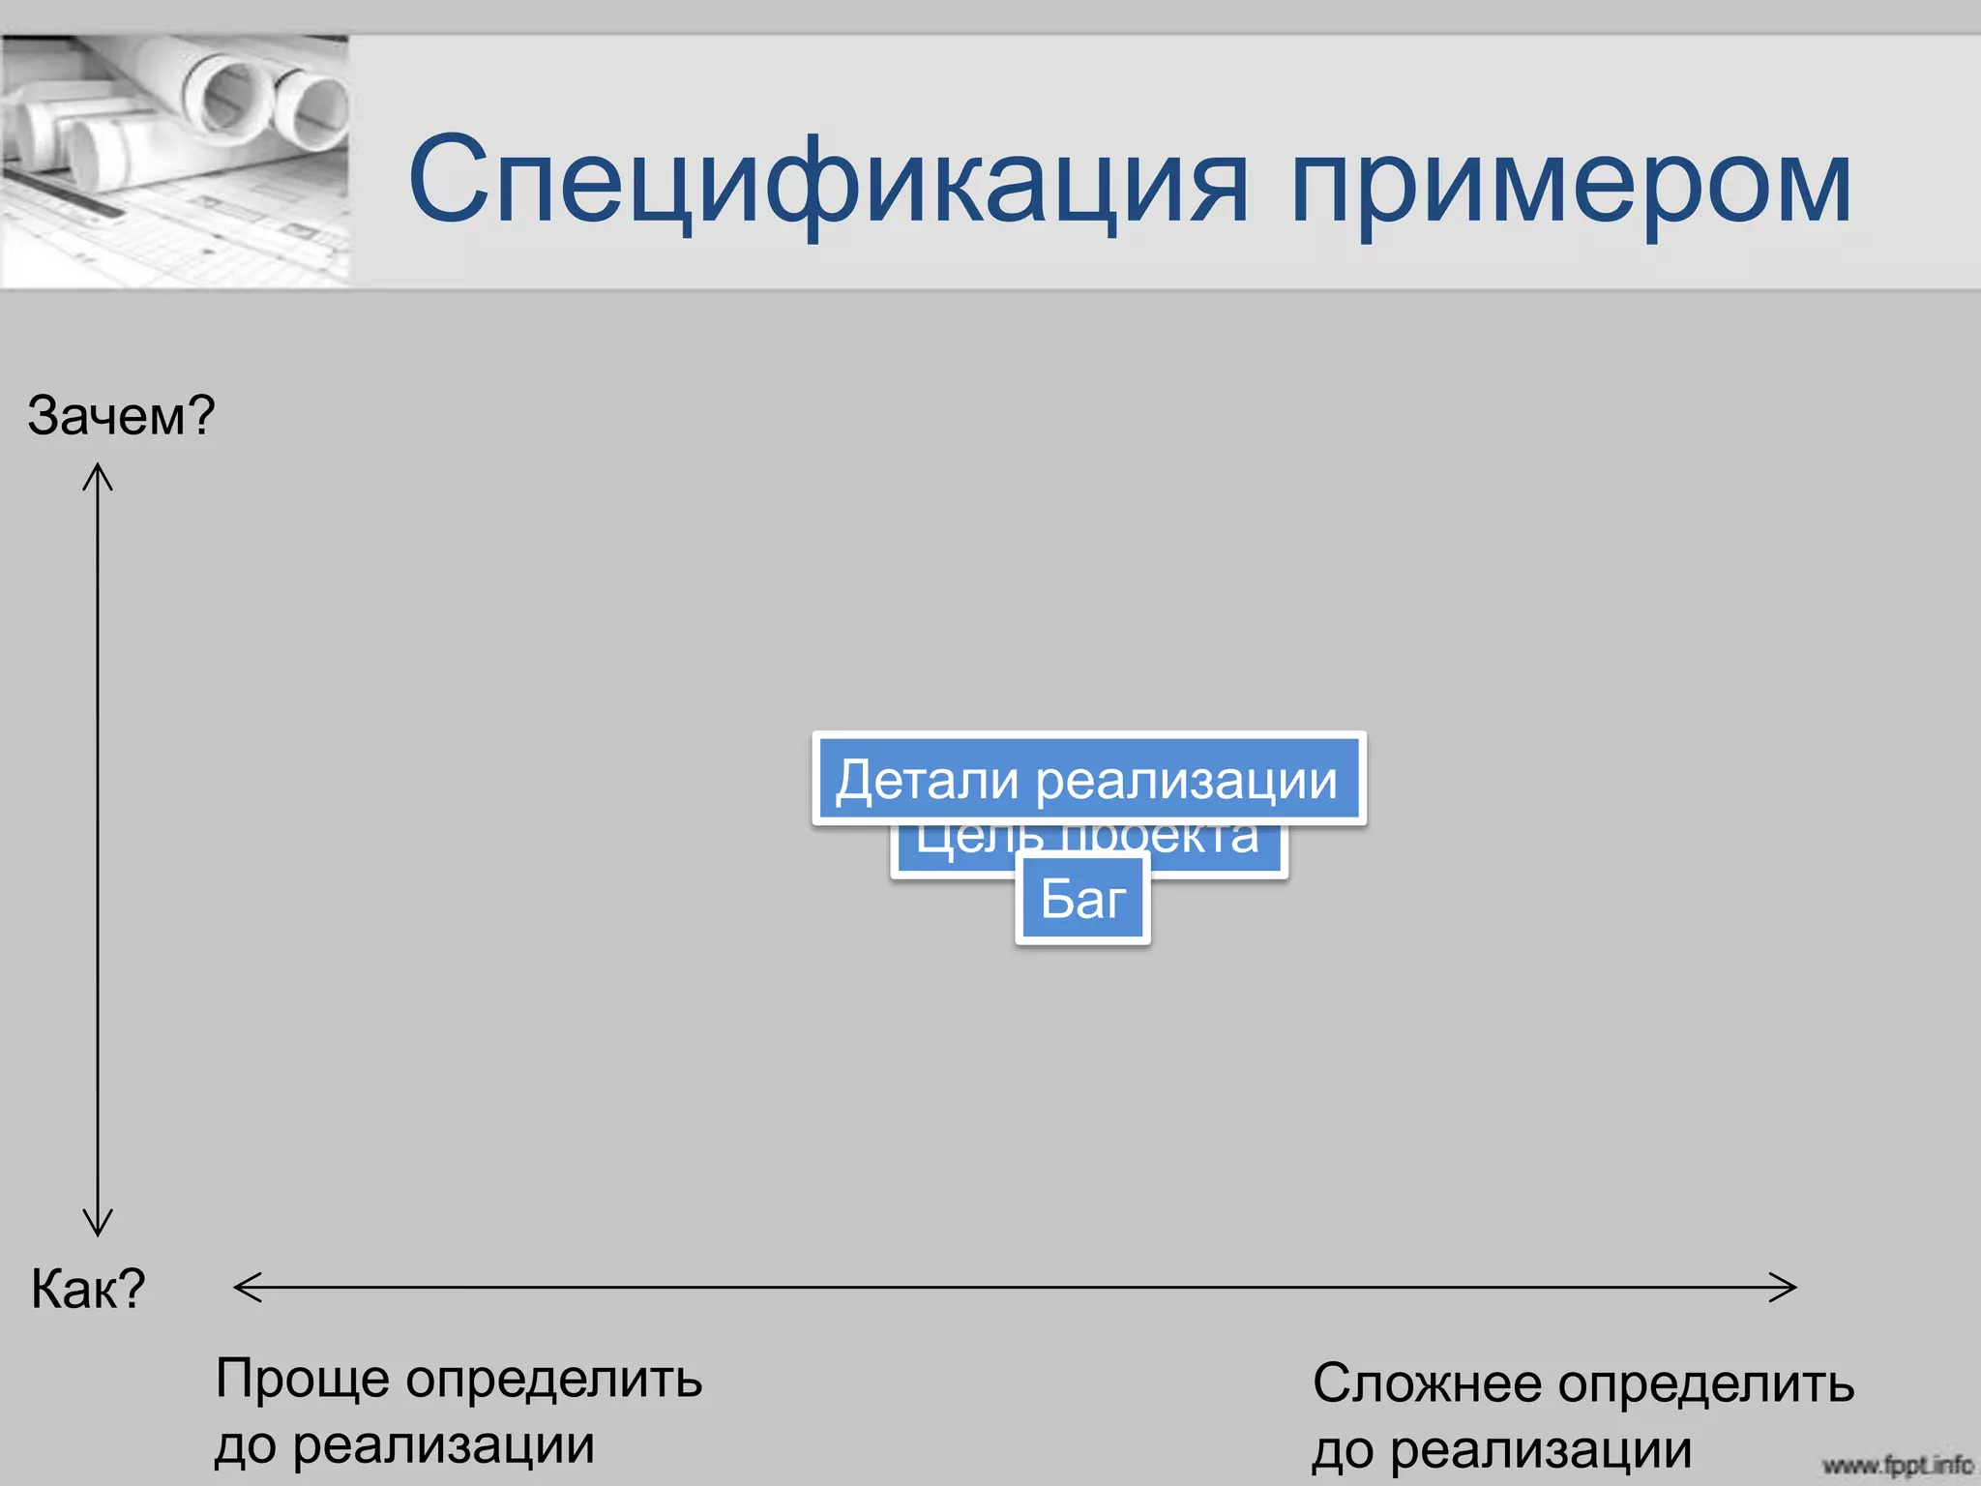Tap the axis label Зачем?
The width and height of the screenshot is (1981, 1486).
[121, 415]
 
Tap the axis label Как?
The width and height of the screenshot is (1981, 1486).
[88, 1289]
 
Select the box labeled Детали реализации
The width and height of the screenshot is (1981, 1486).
[1089, 779]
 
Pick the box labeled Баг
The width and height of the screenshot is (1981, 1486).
[1082, 900]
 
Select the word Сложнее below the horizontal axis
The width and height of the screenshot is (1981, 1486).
[1426, 1383]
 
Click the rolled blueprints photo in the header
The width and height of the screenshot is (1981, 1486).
[174, 160]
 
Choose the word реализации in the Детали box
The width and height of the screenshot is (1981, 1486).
[1187, 780]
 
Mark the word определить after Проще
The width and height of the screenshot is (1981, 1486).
[553, 1380]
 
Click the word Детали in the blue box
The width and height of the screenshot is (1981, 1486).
[927, 780]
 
